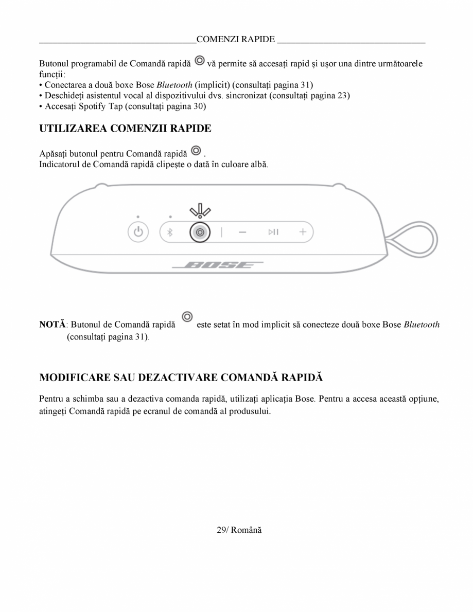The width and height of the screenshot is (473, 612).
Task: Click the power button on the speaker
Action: point(137,232)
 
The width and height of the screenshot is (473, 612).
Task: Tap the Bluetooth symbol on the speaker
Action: point(170,232)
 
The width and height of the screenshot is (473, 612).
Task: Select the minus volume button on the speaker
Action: point(242,232)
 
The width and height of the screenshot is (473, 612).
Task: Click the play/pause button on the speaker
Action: point(273,232)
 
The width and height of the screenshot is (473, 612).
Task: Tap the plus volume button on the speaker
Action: point(303,232)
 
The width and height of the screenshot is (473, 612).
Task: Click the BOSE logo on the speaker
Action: point(217,265)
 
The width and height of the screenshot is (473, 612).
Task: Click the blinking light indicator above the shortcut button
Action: point(200,210)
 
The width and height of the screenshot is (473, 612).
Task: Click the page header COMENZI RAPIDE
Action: point(236,39)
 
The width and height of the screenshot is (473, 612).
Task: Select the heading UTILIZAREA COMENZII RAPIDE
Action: point(125,129)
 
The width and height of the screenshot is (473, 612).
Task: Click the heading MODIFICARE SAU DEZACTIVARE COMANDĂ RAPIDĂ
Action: point(181,377)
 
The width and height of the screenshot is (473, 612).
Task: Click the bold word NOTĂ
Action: point(52,325)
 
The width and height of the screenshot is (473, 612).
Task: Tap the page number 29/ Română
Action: point(239,530)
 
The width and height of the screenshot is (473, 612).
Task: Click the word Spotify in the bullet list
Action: point(92,106)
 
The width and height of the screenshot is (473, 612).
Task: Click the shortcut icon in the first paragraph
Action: point(199,62)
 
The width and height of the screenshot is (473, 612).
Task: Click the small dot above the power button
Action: point(137,216)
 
